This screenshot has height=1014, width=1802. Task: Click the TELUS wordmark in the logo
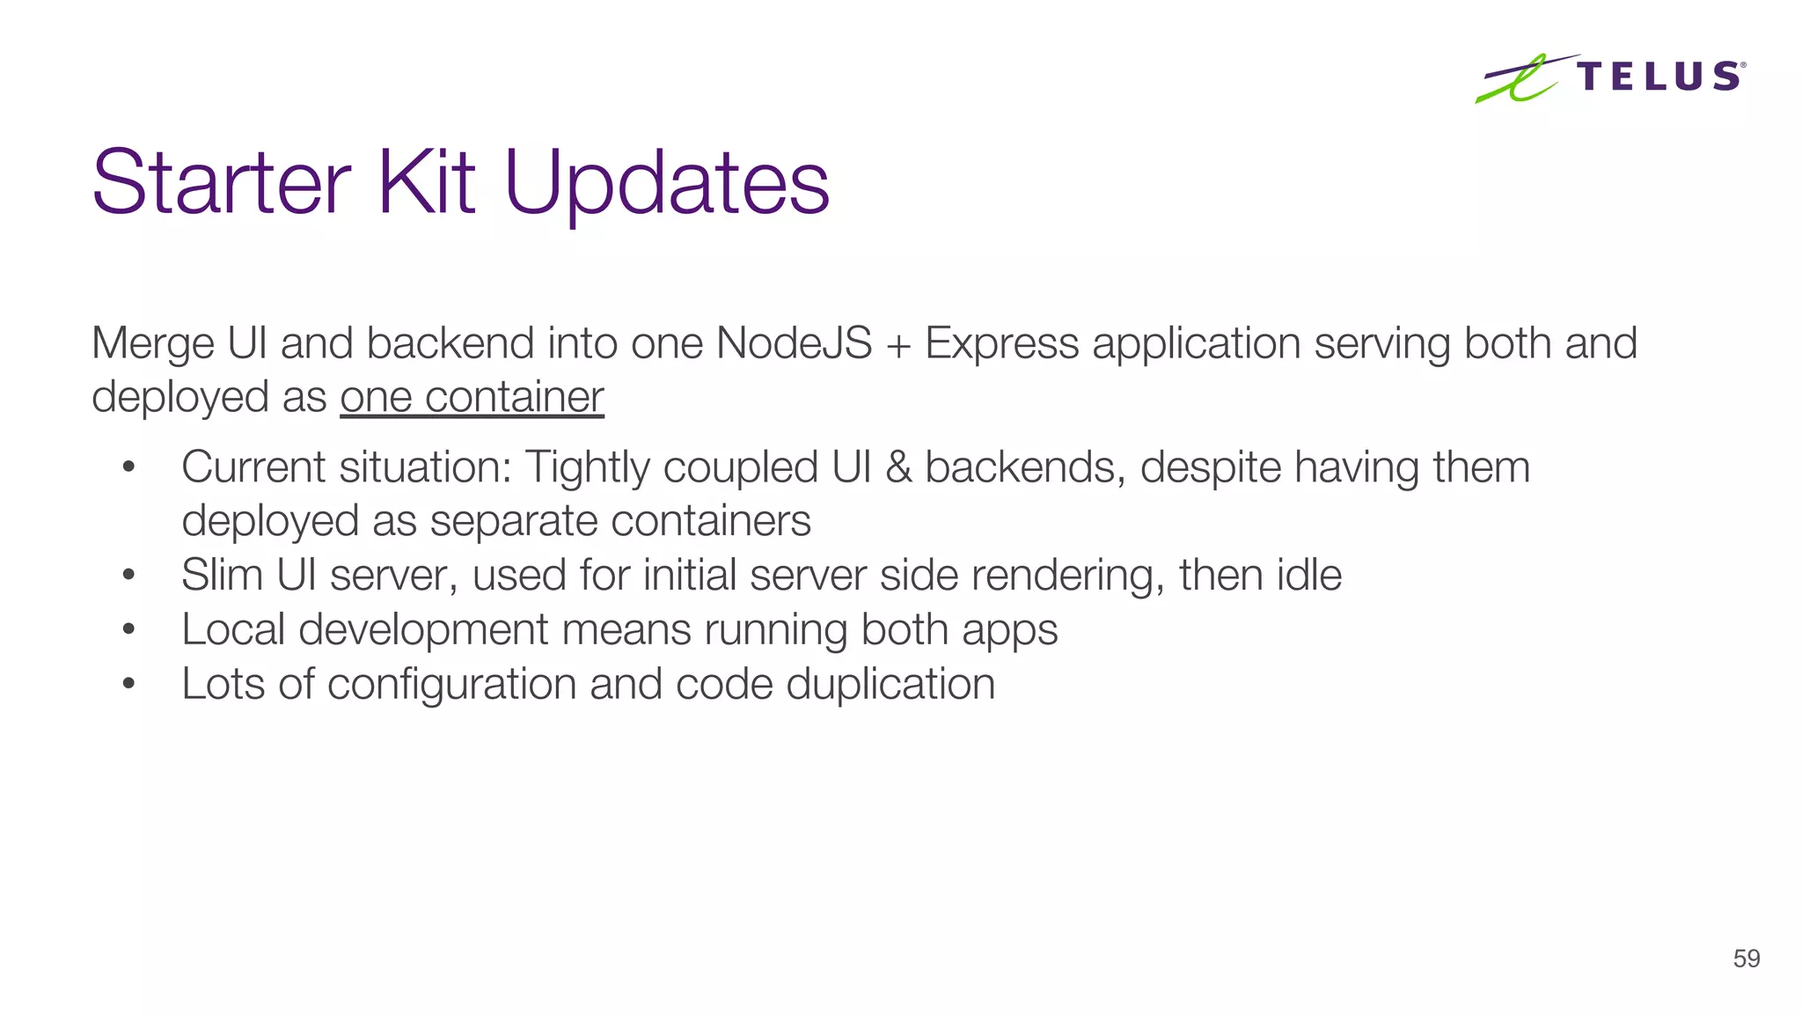pos(1659,77)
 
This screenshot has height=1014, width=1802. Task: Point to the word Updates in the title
pos(667,185)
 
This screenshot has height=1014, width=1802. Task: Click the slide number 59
pos(1746,959)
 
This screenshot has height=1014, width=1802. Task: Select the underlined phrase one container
pos(472,397)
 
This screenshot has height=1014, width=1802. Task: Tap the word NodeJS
pos(794,343)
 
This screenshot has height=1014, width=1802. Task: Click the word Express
pos(1001,343)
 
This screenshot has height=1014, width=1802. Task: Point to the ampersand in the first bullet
pos(898,467)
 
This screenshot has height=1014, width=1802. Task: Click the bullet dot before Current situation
pos(128,467)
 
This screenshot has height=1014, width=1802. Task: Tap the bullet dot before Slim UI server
pos(128,576)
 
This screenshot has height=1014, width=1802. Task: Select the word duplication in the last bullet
pos(890,685)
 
